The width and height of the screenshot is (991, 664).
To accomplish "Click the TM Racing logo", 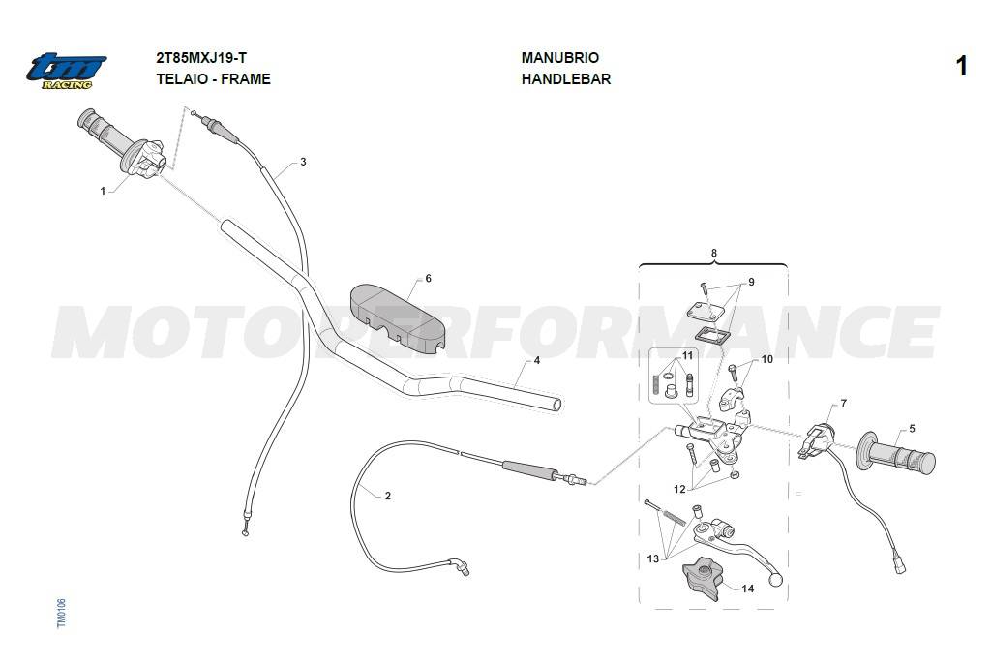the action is coord(66,71).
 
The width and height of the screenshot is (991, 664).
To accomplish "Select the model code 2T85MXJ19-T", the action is coord(201,58).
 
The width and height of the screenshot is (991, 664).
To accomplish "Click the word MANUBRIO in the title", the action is coord(560,57).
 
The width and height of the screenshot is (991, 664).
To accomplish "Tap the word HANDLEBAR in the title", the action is coord(565,79).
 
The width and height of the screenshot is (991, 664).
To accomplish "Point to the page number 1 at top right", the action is coord(961,66).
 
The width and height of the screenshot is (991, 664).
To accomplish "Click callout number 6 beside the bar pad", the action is coord(428,278).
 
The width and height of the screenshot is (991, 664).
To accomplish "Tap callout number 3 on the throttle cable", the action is coord(303,162).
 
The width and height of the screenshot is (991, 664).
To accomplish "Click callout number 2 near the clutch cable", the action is coord(387,496).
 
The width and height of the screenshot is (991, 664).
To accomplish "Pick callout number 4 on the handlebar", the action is coord(536,360).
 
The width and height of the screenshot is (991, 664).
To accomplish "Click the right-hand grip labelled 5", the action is coord(895,453).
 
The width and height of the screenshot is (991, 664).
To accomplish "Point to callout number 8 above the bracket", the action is coord(714,253).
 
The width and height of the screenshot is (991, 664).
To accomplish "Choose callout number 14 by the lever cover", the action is coord(748,589).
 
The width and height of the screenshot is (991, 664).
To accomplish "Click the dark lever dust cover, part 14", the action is coord(701,577).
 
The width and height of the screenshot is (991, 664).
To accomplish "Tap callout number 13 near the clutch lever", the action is coord(653,558).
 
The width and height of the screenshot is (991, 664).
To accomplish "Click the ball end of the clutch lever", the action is coord(775,578).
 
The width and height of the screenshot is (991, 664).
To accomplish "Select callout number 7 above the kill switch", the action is coord(843,404).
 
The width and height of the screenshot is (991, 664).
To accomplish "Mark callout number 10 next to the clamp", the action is coord(766,359).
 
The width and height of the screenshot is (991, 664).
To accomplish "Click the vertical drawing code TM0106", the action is coord(61,614).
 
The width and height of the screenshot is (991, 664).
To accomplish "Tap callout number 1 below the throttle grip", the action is coord(103,191).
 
